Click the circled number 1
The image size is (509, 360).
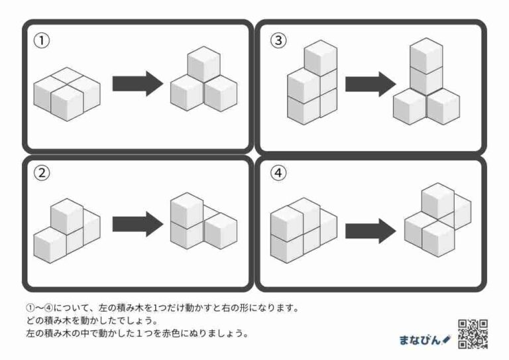point(42,41)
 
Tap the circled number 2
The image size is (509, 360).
point(42,174)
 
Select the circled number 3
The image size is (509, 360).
point(278,41)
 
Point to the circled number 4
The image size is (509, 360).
point(278,174)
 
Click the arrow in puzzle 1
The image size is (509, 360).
point(137,84)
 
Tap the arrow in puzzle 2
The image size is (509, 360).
point(137,223)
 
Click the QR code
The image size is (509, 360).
point(473,333)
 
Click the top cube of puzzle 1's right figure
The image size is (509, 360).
point(204,65)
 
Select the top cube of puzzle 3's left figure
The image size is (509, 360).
point(321,57)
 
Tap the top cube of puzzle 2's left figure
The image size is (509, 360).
point(66,215)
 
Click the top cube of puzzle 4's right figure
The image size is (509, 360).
point(438,200)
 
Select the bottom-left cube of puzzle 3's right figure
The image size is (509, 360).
point(410,106)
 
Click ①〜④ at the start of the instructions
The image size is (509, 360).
point(40,308)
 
